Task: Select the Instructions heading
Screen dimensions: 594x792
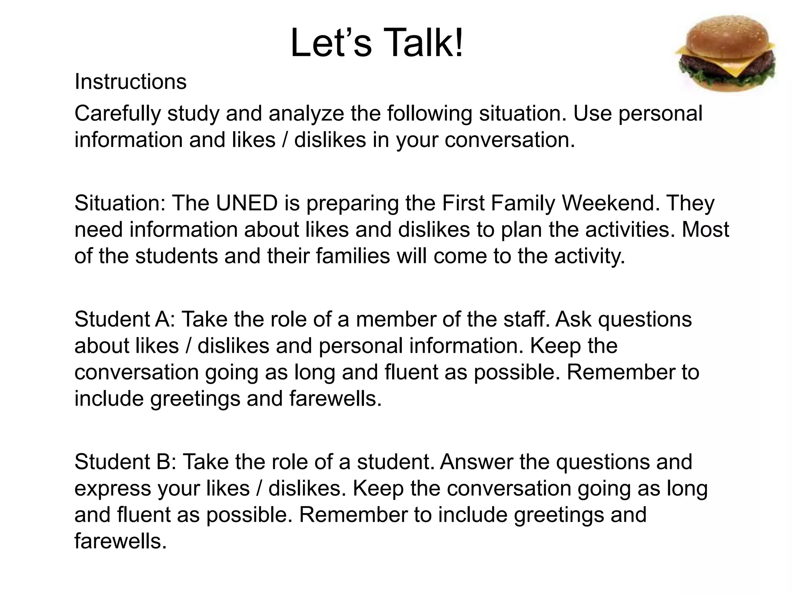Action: (130, 82)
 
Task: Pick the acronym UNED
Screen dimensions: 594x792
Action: (247, 203)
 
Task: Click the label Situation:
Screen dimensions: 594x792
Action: (120, 203)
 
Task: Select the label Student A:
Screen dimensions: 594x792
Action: (125, 319)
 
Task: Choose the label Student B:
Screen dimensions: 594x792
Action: (125, 462)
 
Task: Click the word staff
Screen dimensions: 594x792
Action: (527, 319)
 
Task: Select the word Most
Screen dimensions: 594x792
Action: (705, 230)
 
